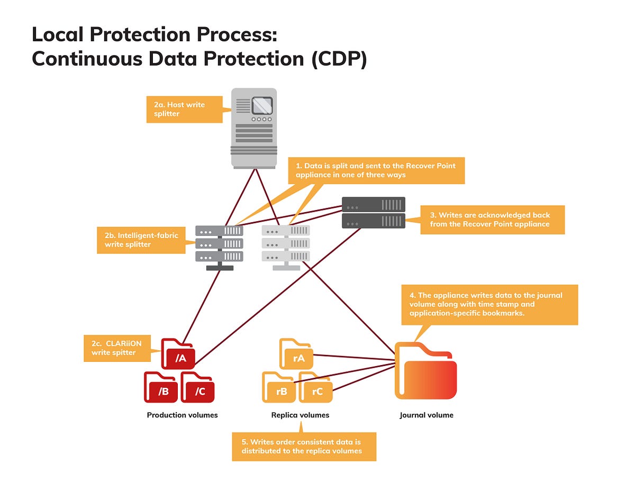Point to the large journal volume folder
tap(426, 370)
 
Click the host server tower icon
tap(254, 128)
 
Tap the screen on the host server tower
tap(262, 106)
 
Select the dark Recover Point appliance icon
tap(373, 212)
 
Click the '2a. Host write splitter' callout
tap(184, 109)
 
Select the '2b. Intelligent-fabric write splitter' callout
tap(141, 240)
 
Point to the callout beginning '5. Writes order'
tap(304, 446)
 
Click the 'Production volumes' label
tap(182, 415)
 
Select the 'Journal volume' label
tap(426, 415)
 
